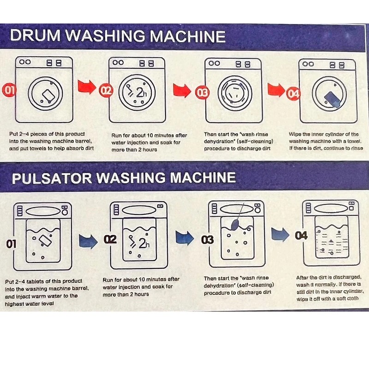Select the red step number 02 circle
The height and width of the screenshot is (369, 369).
click(106, 91)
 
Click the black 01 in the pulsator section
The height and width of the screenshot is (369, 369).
click(11, 244)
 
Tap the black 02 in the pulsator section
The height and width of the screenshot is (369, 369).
click(111, 239)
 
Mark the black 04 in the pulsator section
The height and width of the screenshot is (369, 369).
click(301, 236)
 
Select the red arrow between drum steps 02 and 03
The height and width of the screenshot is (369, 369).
click(182, 89)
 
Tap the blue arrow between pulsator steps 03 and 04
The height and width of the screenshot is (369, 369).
click(280, 234)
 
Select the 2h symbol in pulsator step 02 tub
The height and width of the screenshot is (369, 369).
click(139, 242)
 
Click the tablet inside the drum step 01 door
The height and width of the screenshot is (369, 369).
click(47, 95)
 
